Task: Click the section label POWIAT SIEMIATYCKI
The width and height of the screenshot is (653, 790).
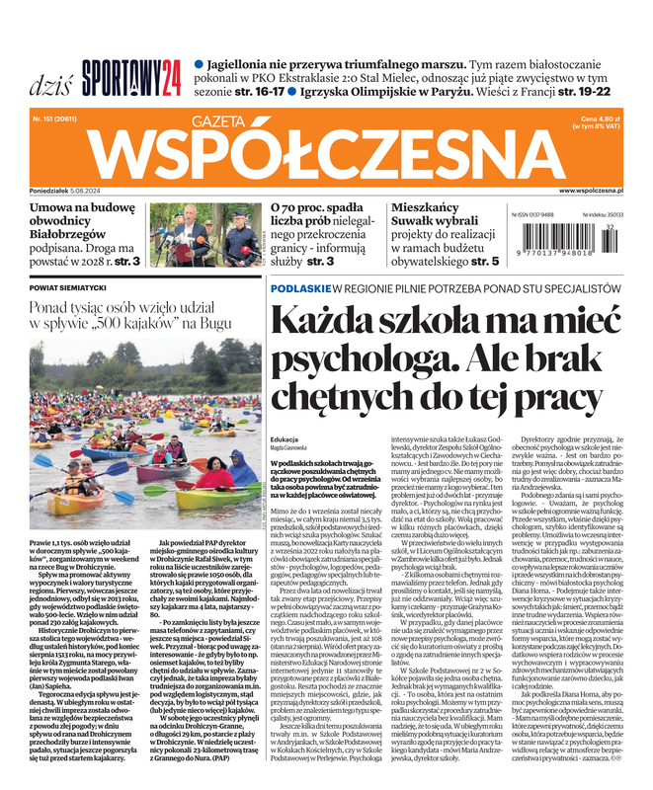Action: (68, 287)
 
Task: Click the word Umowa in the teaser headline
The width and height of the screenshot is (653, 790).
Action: (55, 208)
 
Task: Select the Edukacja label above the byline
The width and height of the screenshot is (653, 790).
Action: (284, 439)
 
